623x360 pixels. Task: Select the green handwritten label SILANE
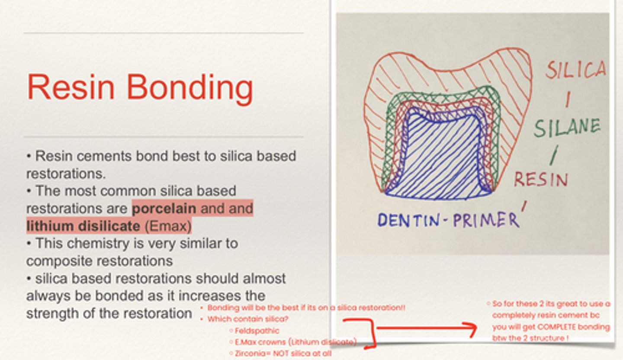pyautogui.click(x=567, y=128)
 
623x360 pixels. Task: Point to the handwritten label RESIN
pyautogui.click(x=540, y=179)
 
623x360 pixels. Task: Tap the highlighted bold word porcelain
pyautogui.click(x=164, y=209)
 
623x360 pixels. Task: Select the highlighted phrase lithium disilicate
pyautogui.click(x=83, y=226)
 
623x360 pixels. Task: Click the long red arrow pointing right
pyautogui.click(x=426, y=329)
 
